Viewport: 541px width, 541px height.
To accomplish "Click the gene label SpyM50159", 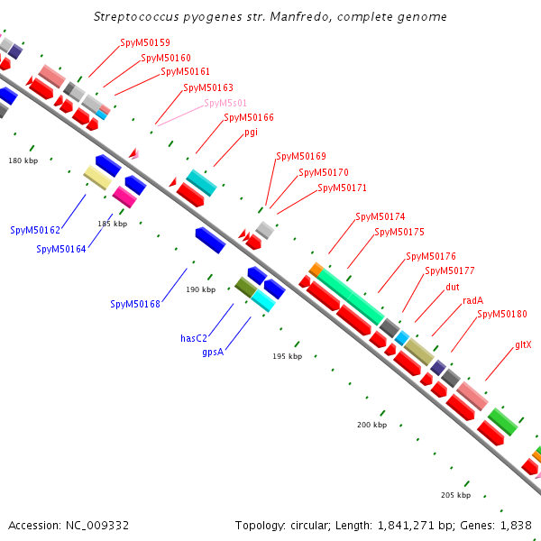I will coord(145,42).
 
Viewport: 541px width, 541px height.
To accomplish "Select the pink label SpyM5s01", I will coord(225,103).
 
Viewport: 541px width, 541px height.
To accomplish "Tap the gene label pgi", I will coord(251,132).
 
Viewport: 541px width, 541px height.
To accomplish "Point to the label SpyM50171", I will coord(342,188).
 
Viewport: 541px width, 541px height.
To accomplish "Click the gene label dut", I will coord(453,287).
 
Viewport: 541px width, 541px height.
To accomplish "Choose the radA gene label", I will coord(472,300).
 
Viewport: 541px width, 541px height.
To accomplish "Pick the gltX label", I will coord(523,344).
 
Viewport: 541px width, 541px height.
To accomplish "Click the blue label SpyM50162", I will coord(35,230).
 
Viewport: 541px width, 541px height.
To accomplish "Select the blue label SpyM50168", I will coord(135,304).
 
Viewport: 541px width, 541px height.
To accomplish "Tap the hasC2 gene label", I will coord(195,338).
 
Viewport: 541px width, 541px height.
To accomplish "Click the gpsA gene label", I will coord(214,352).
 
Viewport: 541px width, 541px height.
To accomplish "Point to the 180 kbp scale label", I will coord(23,160).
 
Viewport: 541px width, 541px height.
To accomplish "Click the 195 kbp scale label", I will coord(286,356).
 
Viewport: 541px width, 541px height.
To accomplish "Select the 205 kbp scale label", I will coord(455,495).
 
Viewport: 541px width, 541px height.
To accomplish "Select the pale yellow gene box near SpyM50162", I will coord(97,177).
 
